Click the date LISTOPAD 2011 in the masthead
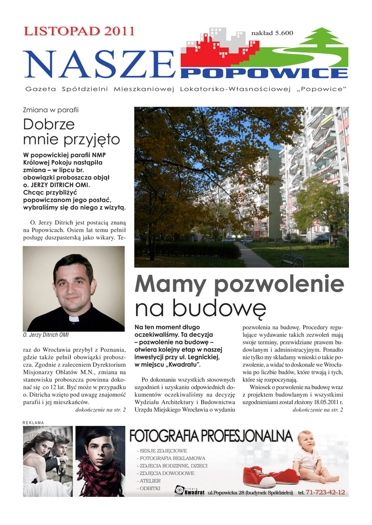[x=79, y=31]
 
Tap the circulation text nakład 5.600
[x=272, y=33]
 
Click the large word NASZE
[x=101, y=66]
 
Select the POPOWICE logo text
[x=264, y=73]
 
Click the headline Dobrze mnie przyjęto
[x=72, y=131]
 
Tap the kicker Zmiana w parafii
[x=51, y=110]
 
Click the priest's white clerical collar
[x=74, y=318]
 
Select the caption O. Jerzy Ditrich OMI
[x=46, y=335]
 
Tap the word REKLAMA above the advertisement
[x=34, y=422]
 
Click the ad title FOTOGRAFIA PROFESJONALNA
[x=211, y=436]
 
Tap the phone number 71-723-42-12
[x=325, y=493]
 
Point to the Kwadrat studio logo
[x=189, y=492]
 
